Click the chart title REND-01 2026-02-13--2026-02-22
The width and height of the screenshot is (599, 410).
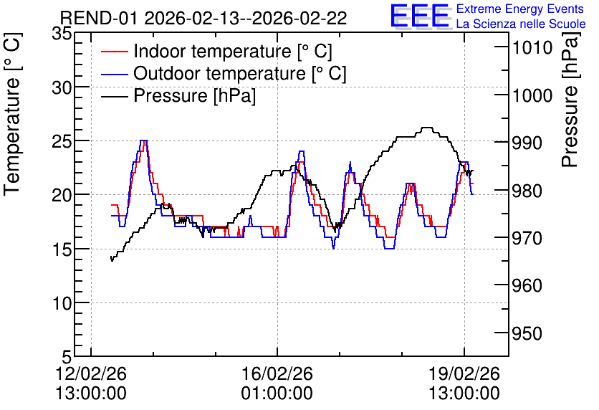[203, 18]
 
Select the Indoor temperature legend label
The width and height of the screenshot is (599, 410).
[233, 51]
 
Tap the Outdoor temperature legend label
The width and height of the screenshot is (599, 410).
[240, 73]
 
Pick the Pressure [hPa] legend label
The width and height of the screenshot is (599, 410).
[194, 95]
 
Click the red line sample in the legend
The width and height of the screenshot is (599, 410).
[114, 52]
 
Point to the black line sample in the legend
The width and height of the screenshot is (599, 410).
[114, 96]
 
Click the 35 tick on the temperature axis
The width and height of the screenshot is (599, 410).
[62, 34]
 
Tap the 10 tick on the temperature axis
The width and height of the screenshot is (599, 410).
[62, 304]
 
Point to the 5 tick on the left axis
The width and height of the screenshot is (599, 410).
[67, 358]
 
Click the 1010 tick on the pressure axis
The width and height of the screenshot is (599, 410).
[532, 48]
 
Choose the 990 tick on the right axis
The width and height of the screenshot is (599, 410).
[527, 143]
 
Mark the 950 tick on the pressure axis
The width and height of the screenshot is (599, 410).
[527, 333]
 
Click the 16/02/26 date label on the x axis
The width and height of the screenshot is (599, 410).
[277, 373]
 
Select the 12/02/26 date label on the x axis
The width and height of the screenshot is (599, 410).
[91, 373]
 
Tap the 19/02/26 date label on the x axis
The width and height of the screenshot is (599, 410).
[464, 373]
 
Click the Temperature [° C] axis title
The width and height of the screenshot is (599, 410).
[12, 114]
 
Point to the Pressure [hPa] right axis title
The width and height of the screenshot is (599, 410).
[570, 100]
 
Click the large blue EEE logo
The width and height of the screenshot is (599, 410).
[420, 16]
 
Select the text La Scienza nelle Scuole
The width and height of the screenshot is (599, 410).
[521, 24]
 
